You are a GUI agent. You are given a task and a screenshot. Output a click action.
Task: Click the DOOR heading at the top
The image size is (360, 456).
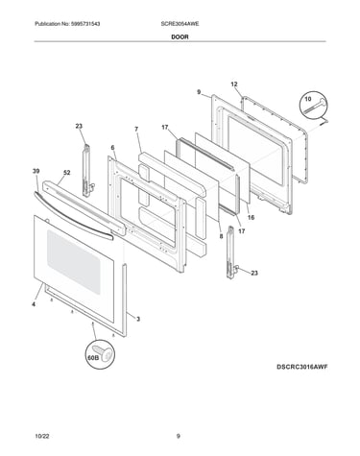180,36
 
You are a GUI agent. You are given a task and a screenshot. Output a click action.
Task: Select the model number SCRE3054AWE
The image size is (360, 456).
180,24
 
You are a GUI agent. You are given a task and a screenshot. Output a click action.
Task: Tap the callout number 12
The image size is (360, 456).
234,84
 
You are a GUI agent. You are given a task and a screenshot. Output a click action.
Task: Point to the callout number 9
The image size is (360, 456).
199,92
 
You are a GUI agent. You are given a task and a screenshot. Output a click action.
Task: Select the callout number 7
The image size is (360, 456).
136,129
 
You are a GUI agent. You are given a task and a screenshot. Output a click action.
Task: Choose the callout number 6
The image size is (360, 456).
112,148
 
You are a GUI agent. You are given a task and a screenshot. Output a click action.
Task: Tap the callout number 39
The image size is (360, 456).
36,171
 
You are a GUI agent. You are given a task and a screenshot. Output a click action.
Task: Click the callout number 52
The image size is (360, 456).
66,173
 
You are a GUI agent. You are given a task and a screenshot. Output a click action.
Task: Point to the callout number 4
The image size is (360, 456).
34,304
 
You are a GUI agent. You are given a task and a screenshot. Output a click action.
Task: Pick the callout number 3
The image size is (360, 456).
138,319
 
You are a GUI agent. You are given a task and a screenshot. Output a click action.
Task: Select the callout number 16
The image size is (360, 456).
252,217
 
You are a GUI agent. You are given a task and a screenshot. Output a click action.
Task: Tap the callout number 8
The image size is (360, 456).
221,236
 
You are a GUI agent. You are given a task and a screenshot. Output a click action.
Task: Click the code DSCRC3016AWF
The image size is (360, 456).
302,367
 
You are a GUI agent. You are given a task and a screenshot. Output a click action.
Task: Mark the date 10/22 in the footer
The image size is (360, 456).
42,436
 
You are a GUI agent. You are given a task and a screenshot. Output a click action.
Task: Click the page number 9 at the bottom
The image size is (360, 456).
179,436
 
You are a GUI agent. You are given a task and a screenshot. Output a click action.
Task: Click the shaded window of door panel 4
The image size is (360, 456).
74,261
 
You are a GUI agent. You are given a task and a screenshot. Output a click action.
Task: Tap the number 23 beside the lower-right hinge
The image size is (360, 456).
254,273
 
